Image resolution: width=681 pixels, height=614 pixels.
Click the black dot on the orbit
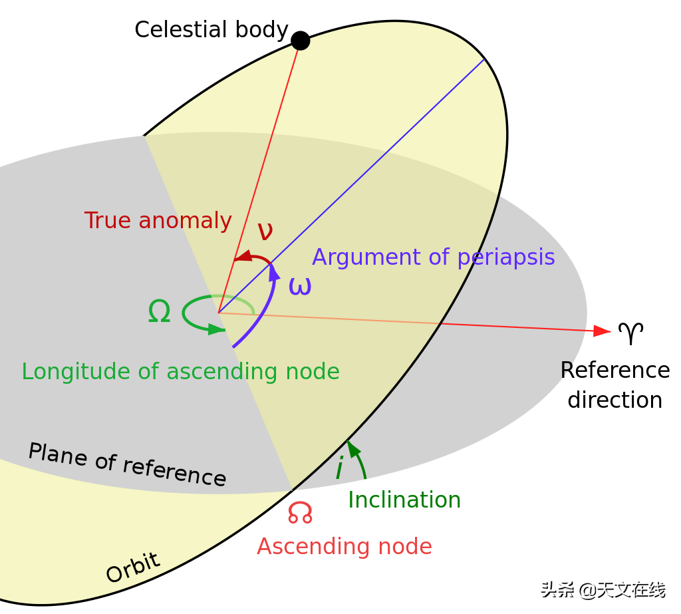click(301, 41)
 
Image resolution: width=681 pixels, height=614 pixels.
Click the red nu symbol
click(265, 231)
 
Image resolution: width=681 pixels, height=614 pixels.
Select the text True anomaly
click(158, 220)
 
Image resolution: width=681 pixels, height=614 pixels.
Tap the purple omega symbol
click(300, 286)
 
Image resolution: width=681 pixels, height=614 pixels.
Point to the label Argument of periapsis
click(433, 257)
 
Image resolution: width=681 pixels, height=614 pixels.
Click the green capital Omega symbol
click(159, 311)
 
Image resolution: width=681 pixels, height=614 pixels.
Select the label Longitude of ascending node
click(180, 371)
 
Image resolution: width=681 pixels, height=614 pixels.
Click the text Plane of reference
click(127, 464)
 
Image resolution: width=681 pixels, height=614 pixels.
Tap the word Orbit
click(133, 567)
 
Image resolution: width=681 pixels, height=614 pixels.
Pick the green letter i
click(339, 468)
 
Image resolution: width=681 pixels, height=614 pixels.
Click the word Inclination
click(404, 500)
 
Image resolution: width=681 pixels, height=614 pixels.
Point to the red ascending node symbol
click(300, 512)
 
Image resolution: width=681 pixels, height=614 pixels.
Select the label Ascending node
click(344, 547)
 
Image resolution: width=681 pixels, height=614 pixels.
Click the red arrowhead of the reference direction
click(602, 331)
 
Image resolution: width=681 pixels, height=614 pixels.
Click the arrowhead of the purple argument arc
click(274, 271)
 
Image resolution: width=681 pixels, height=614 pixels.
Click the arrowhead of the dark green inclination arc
click(351, 446)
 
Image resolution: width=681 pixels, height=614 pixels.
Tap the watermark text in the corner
click(601, 588)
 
